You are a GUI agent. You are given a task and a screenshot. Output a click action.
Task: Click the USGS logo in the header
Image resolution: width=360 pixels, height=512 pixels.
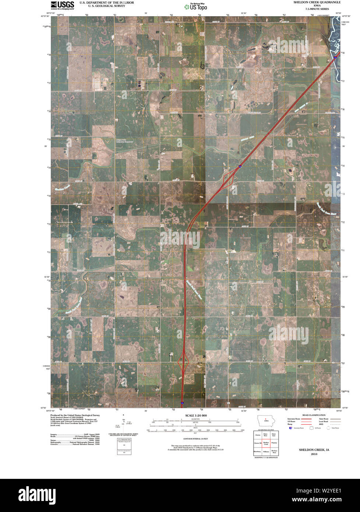tap(62, 5)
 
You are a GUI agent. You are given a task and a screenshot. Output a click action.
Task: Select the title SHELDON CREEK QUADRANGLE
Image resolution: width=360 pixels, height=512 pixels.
tap(317, 2)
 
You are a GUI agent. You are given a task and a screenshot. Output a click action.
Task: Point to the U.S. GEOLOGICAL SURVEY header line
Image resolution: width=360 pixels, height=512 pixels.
tap(102, 6)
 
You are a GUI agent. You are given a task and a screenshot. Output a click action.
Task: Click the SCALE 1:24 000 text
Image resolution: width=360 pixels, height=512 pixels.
tap(196, 415)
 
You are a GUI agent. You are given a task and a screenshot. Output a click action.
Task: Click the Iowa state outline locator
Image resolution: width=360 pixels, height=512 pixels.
tap(266, 420)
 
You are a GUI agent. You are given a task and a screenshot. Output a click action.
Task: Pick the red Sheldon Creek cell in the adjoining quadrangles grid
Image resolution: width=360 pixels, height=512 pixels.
tap(266, 444)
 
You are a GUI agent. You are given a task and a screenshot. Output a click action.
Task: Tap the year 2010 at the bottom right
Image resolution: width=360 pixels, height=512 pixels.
tap(314, 454)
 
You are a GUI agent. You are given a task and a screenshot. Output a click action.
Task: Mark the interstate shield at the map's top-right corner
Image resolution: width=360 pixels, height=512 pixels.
tap(336, 57)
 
